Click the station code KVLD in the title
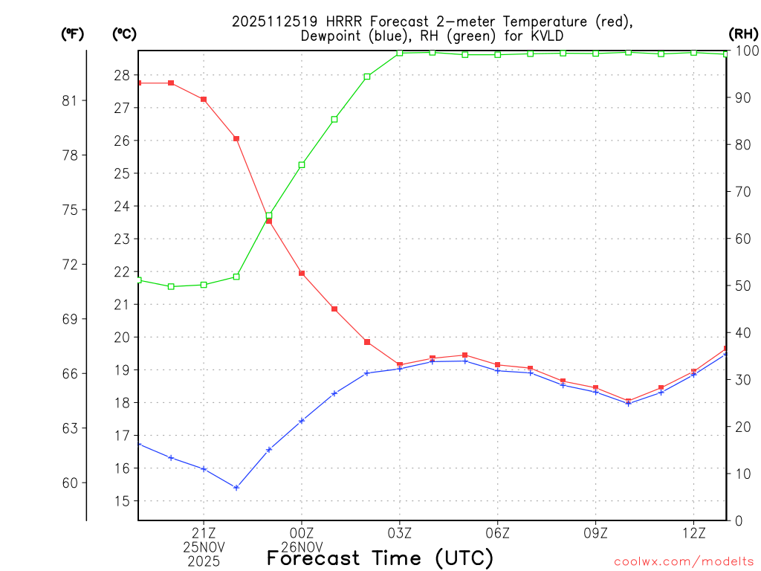546,36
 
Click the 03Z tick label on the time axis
400,532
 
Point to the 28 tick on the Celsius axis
122,75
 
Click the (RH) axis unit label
742,33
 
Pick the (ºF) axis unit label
72,33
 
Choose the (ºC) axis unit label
123,33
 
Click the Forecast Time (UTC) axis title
380,558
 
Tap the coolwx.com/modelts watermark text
683,561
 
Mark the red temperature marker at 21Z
204,100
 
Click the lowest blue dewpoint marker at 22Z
236,488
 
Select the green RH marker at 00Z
302,165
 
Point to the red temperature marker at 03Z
400,365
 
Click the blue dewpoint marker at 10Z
628,404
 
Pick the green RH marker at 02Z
367,77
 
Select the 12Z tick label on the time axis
693,532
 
